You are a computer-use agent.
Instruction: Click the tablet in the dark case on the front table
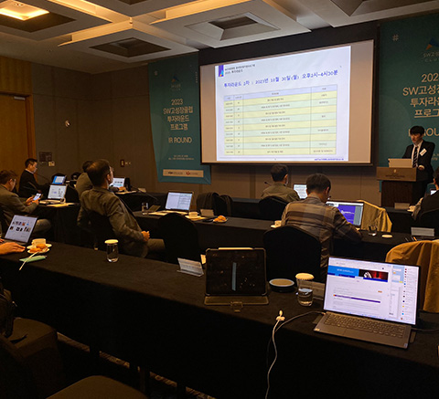click(236, 275)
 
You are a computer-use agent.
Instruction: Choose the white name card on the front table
click(189, 266)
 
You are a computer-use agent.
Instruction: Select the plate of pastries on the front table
click(38, 245)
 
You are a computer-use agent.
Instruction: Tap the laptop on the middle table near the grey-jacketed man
click(178, 201)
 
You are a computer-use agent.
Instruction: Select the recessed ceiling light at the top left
click(22, 10)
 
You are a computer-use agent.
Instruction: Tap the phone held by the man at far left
click(36, 196)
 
